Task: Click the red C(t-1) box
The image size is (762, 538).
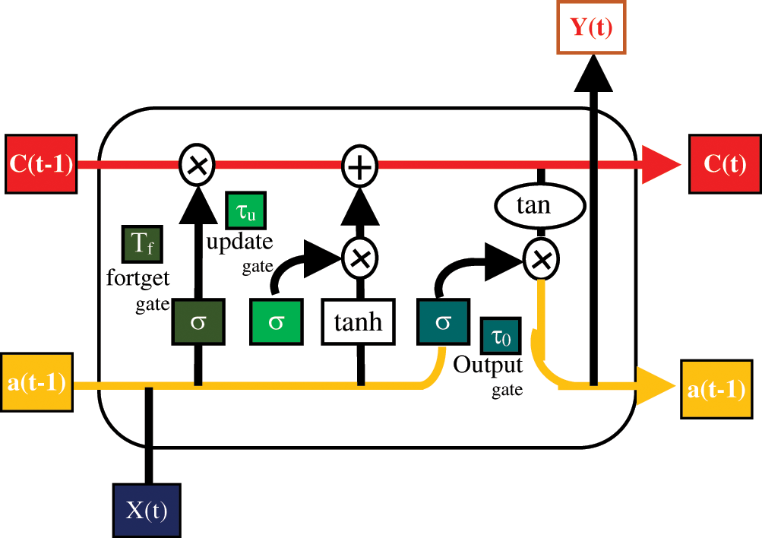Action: (x=41, y=164)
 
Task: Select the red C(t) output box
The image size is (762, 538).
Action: (x=725, y=164)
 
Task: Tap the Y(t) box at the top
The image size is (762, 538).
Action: (x=591, y=27)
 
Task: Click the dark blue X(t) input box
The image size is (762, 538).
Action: (x=147, y=511)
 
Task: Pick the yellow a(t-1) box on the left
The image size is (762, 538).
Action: (x=37, y=382)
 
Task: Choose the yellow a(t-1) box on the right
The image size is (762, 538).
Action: (x=716, y=389)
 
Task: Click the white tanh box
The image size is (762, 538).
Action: (x=358, y=321)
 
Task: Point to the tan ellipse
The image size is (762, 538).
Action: (x=540, y=206)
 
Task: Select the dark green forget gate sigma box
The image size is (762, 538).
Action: (x=198, y=321)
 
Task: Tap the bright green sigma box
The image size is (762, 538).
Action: (x=277, y=321)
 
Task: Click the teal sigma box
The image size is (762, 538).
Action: (x=443, y=321)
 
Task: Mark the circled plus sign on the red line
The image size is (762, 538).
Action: (x=360, y=166)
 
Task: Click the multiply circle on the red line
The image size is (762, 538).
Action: (x=197, y=165)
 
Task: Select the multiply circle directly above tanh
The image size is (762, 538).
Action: (x=360, y=258)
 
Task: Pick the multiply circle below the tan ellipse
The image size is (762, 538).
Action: (x=542, y=260)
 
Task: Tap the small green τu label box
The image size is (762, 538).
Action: (x=246, y=210)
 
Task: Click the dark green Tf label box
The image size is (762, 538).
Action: (x=142, y=243)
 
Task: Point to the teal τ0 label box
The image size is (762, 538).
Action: (x=501, y=336)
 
